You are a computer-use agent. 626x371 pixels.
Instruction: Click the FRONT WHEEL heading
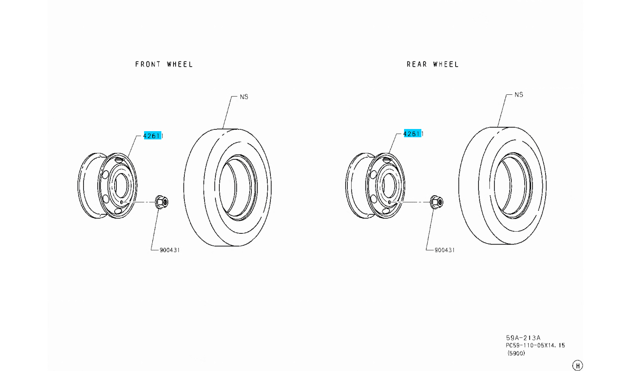(x=164, y=65)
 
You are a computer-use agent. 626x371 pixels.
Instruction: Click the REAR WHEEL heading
(x=433, y=65)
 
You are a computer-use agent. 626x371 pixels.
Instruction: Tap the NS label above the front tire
(x=244, y=97)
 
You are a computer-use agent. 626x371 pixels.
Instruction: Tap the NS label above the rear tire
(x=519, y=95)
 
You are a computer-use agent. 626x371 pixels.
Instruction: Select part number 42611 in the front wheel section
(x=153, y=136)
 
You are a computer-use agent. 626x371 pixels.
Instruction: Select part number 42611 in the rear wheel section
(x=413, y=134)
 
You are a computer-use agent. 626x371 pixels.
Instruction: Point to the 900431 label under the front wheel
(x=170, y=250)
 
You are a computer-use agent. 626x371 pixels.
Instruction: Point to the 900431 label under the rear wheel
(x=445, y=250)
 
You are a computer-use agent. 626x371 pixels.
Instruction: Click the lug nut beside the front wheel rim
(x=162, y=202)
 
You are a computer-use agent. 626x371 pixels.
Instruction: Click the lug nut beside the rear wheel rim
(x=437, y=202)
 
